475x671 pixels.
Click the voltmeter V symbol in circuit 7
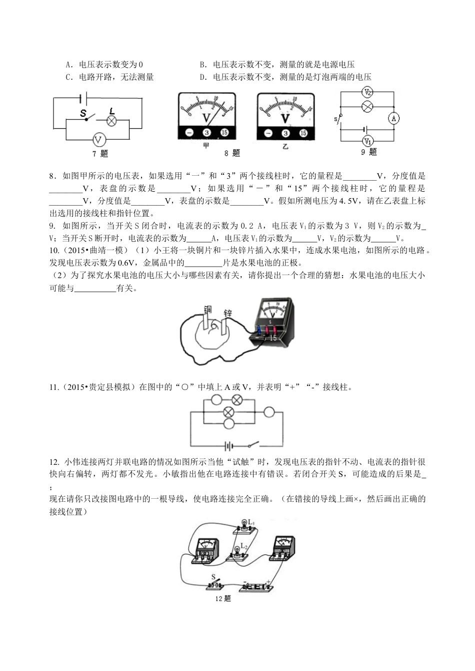98,140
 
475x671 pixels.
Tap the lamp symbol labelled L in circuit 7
112,121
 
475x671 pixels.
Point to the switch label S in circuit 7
83,113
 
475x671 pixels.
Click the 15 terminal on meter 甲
224,133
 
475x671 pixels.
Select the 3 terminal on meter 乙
285,133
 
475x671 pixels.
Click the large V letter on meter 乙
285,118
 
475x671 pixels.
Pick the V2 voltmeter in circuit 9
367,92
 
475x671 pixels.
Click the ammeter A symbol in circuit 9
394,118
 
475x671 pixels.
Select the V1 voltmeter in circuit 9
367,141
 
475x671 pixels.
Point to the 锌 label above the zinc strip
227,313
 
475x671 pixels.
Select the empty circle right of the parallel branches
269,412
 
